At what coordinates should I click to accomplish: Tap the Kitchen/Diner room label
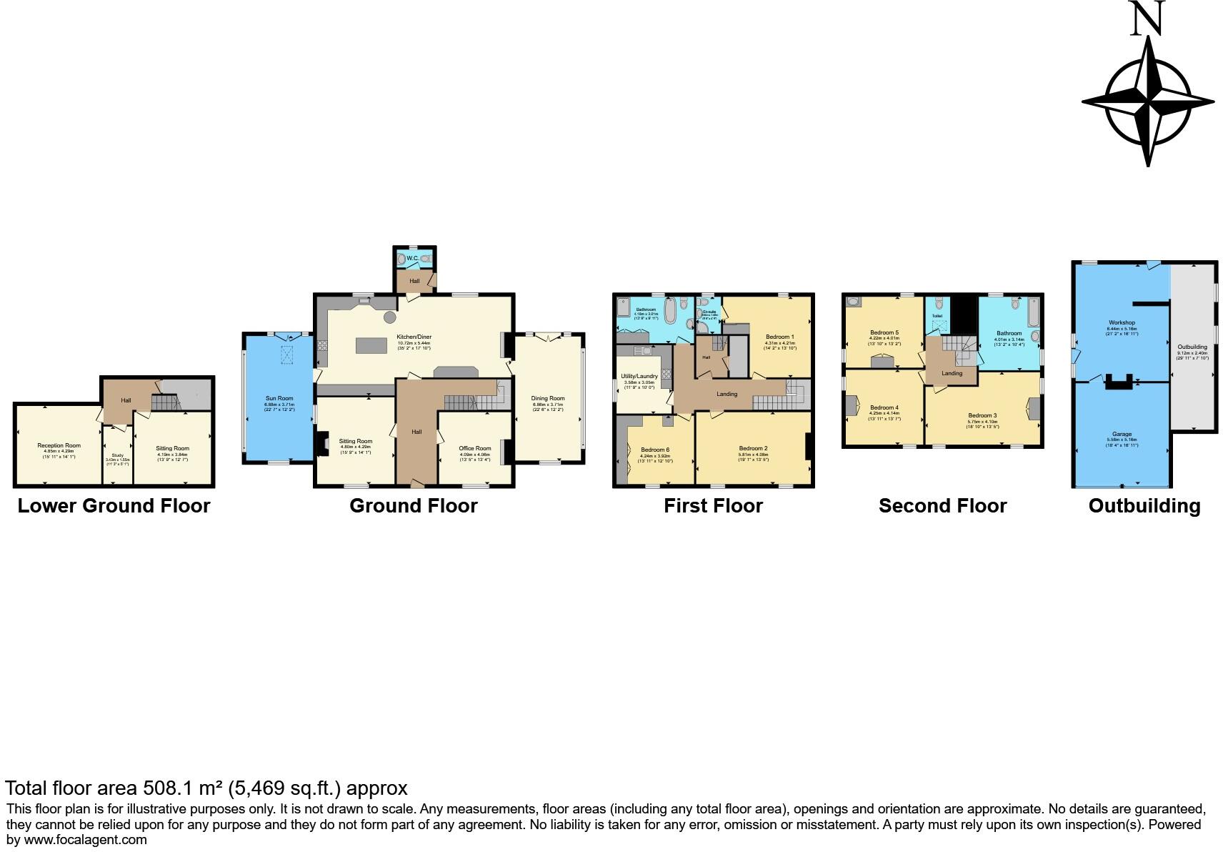414,337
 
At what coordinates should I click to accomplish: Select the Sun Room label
279,398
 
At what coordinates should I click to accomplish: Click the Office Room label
475,448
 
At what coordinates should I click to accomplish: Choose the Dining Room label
548,398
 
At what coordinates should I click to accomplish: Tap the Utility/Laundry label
639,376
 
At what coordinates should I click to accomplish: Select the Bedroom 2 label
753,448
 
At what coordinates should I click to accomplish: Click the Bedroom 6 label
655,450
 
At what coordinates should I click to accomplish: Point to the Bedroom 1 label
779,337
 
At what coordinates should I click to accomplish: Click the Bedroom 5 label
884,332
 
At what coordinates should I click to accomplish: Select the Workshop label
1122,322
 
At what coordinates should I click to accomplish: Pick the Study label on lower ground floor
117,455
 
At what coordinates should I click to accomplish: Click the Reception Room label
59,445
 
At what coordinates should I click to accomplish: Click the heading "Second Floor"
942,506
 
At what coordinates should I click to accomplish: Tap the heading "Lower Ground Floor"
114,506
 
